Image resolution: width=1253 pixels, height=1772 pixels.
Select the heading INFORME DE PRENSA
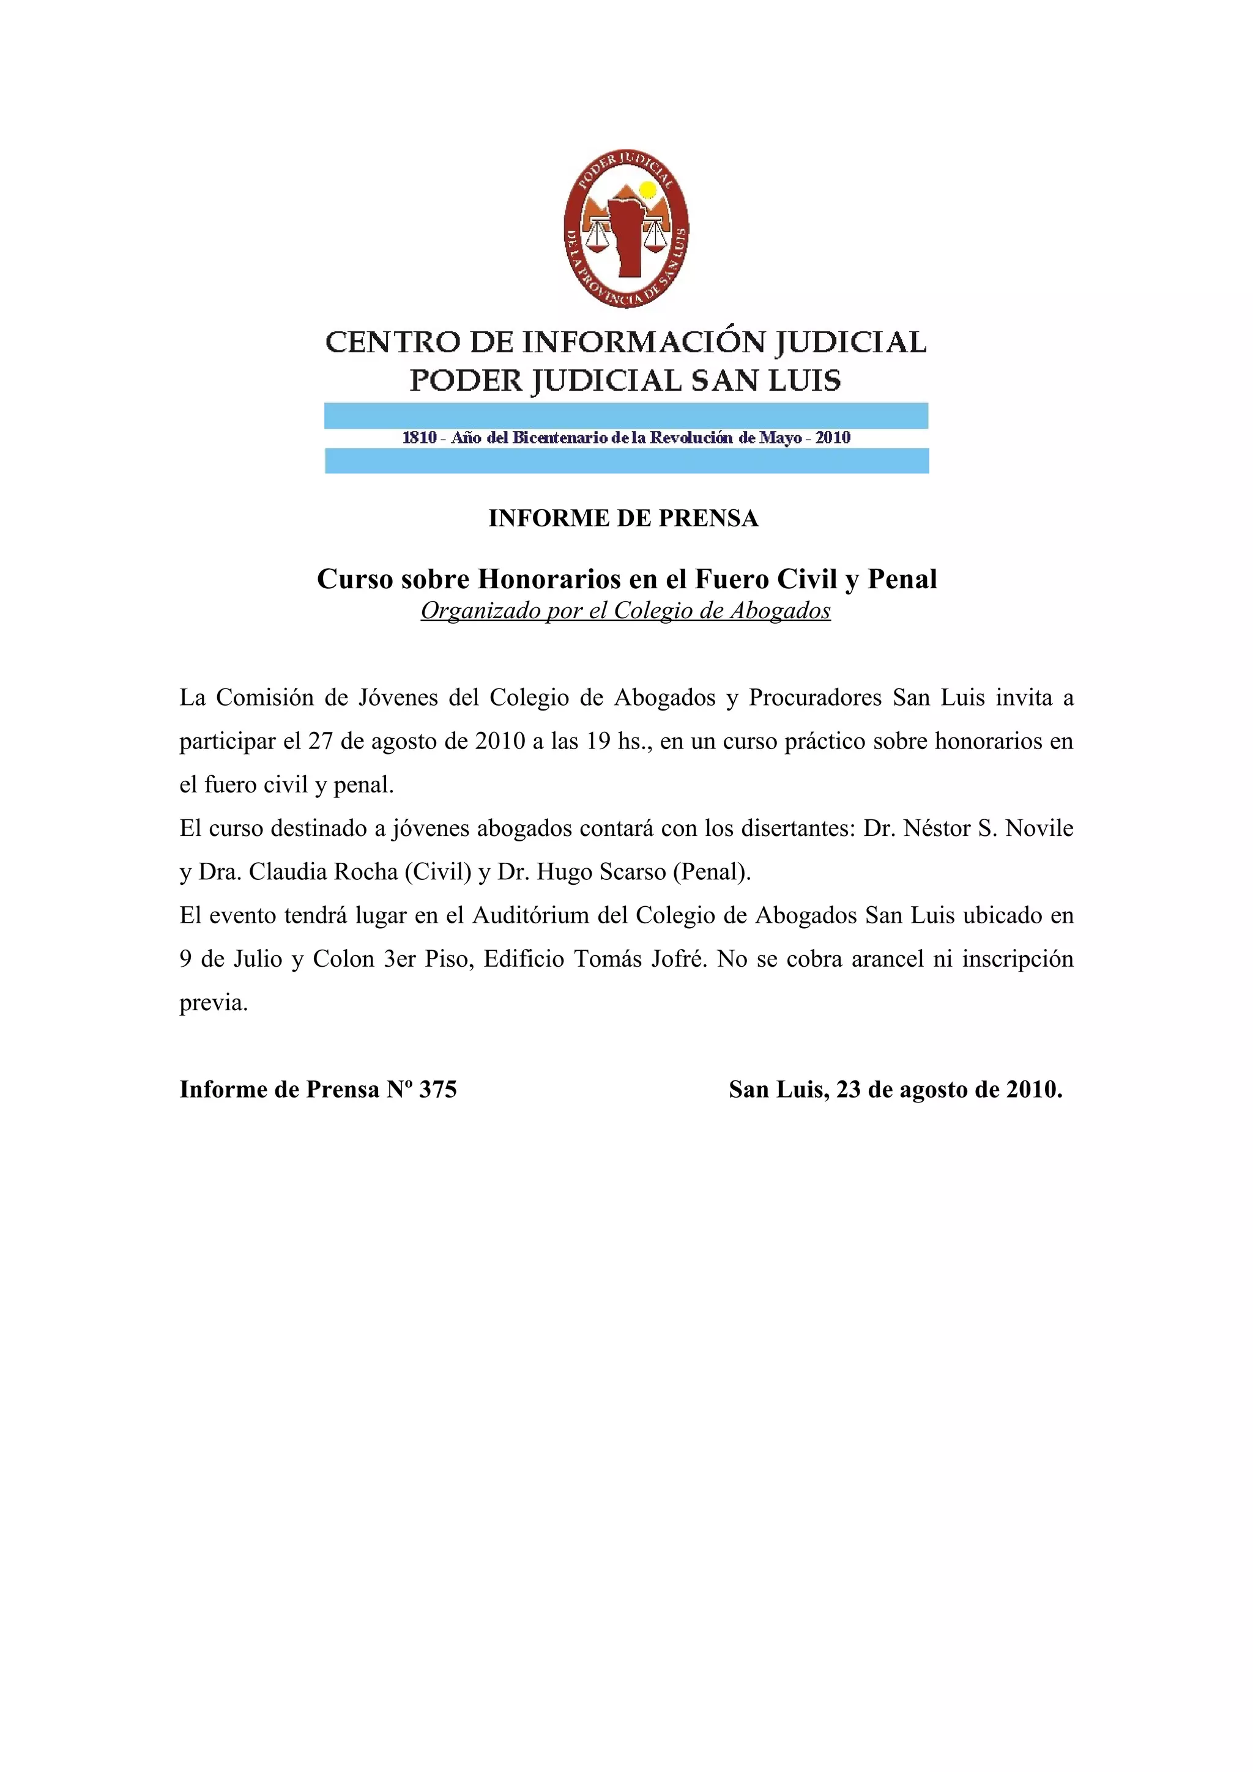tap(623, 518)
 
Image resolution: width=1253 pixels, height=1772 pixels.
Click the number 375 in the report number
tap(437, 1089)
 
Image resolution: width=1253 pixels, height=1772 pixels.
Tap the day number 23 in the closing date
tap(849, 1089)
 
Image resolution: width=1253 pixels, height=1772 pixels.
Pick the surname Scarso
tap(630, 871)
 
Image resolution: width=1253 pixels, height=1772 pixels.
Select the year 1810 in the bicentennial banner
tap(419, 438)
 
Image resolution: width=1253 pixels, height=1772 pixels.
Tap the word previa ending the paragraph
tap(213, 1003)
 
